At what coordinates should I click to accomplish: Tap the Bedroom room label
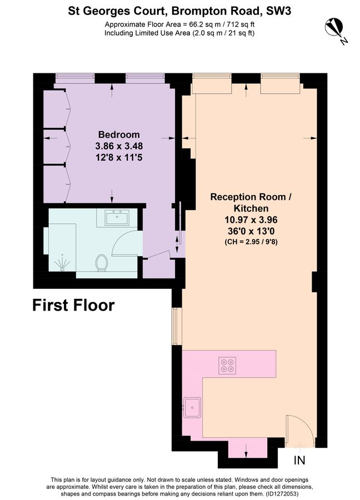pyautogui.click(x=119, y=134)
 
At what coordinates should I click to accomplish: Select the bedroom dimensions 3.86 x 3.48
pyautogui.click(x=119, y=146)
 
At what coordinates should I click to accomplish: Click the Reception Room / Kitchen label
pyautogui.click(x=250, y=203)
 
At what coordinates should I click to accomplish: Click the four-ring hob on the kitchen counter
pyautogui.click(x=227, y=365)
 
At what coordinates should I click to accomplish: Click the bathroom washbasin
pyautogui.click(x=117, y=217)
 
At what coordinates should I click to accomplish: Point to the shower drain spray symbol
pyautogui.click(x=62, y=262)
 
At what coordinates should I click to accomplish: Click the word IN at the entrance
pyautogui.click(x=299, y=461)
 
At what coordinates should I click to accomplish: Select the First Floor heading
pyautogui.click(x=73, y=305)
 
